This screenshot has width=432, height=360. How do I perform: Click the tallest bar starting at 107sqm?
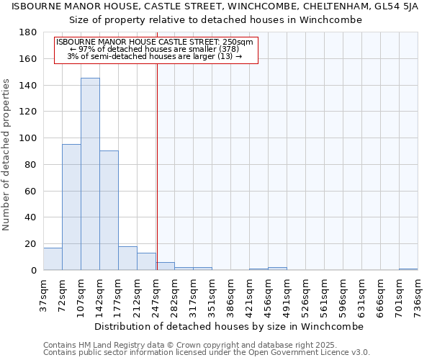pyautogui.click(x=90, y=174)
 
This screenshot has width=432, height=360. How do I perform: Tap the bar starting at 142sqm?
pyautogui.click(x=109, y=210)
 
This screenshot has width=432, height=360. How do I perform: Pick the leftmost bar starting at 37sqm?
pyautogui.click(x=53, y=258)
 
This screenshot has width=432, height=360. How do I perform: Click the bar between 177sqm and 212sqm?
pyautogui.click(x=127, y=258)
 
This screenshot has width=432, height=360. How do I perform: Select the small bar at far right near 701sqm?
pyautogui.click(x=408, y=269)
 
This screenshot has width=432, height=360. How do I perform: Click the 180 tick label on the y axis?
pyautogui.click(x=28, y=32)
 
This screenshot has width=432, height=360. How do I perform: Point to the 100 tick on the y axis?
pyautogui.click(x=28, y=138)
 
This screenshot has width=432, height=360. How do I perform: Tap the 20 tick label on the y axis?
pyautogui.click(x=31, y=244)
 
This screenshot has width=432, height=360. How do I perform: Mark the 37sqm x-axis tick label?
pyautogui.click(x=44, y=293)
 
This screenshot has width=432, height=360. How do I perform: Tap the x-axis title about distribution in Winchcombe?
pyautogui.click(x=229, y=327)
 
